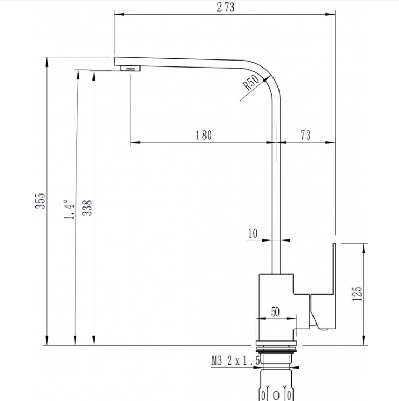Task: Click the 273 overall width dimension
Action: [225, 7]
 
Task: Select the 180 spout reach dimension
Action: [204, 135]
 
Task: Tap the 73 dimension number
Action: [305, 135]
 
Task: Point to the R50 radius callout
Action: [251, 83]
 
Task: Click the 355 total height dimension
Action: [40, 201]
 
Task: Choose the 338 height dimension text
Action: [87, 208]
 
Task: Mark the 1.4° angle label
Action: [69, 210]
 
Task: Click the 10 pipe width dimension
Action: [252, 233]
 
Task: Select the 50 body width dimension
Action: [275, 312]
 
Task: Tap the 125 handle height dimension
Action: [357, 294]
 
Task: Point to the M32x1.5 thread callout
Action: [236, 360]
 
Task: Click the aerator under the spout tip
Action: [130, 69]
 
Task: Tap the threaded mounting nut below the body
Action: [276, 350]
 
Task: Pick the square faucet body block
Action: [276, 308]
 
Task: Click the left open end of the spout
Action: [114, 62]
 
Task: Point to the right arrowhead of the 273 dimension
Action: [330, 14]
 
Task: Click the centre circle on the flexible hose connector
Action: [276, 396]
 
